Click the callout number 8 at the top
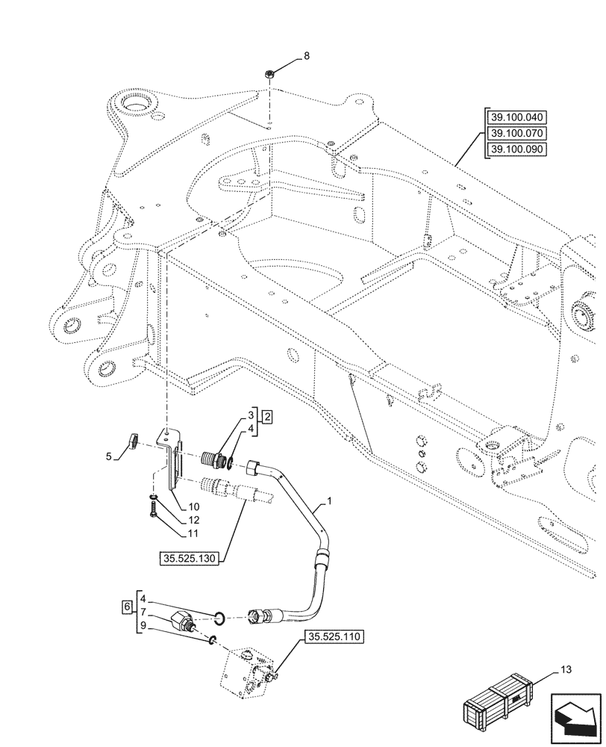tap(305, 56)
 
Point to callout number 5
tap(109, 456)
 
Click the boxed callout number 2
tap(267, 416)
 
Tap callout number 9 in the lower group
tap(143, 626)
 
